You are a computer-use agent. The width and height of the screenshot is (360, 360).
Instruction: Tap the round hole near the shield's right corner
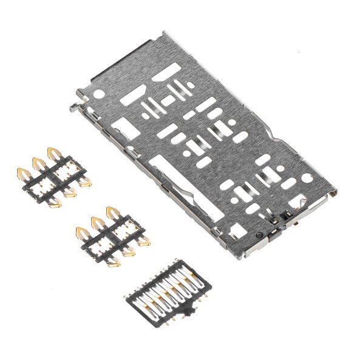[307, 177]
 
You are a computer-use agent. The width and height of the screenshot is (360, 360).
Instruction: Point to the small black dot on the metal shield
[259, 234]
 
